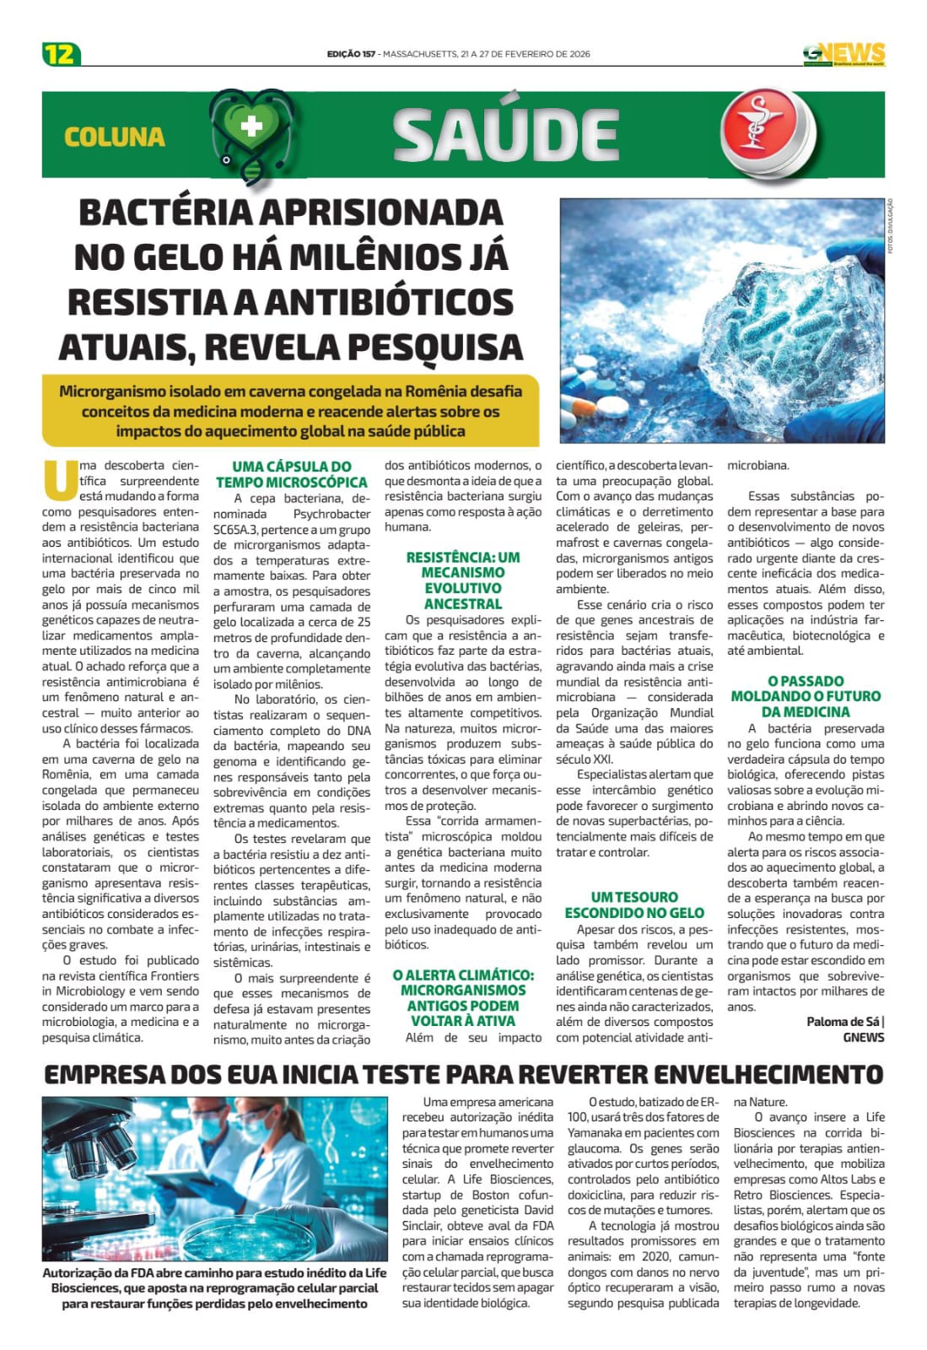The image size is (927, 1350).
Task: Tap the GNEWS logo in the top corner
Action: pyautogui.click(x=843, y=54)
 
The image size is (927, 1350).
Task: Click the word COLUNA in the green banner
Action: pyautogui.click(x=115, y=137)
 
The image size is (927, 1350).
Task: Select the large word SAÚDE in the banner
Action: pyautogui.click(x=506, y=135)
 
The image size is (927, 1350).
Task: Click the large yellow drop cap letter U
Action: pyautogui.click(x=57, y=479)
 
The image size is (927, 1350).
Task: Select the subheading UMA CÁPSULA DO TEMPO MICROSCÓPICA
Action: pyautogui.click(x=292, y=474)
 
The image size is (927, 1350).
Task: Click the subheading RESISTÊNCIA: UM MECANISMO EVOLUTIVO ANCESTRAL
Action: pyautogui.click(x=463, y=580)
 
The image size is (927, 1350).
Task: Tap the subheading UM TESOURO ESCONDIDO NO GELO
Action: pyautogui.click(x=634, y=904)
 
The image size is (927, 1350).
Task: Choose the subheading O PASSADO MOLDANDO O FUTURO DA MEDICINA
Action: pyautogui.click(x=805, y=696)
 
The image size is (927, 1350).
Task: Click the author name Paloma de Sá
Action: pyautogui.click(x=843, y=1022)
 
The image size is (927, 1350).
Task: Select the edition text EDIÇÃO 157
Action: pyautogui.click(x=351, y=54)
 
